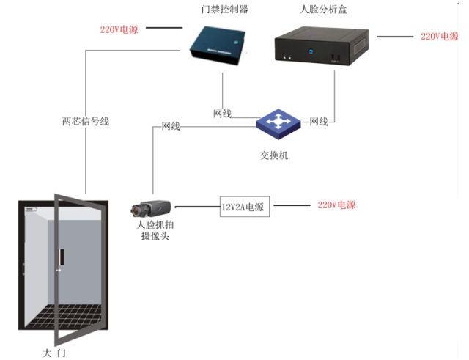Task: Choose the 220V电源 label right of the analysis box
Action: pyautogui.click(x=438, y=35)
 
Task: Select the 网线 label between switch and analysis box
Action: pyautogui.click(x=319, y=122)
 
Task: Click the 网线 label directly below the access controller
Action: pyautogui.click(x=222, y=114)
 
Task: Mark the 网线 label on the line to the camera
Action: pyautogui.click(x=171, y=127)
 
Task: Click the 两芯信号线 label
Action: pyautogui.click(x=85, y=122)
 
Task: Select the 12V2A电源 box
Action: pyautogui.click(x=245, y=207)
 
